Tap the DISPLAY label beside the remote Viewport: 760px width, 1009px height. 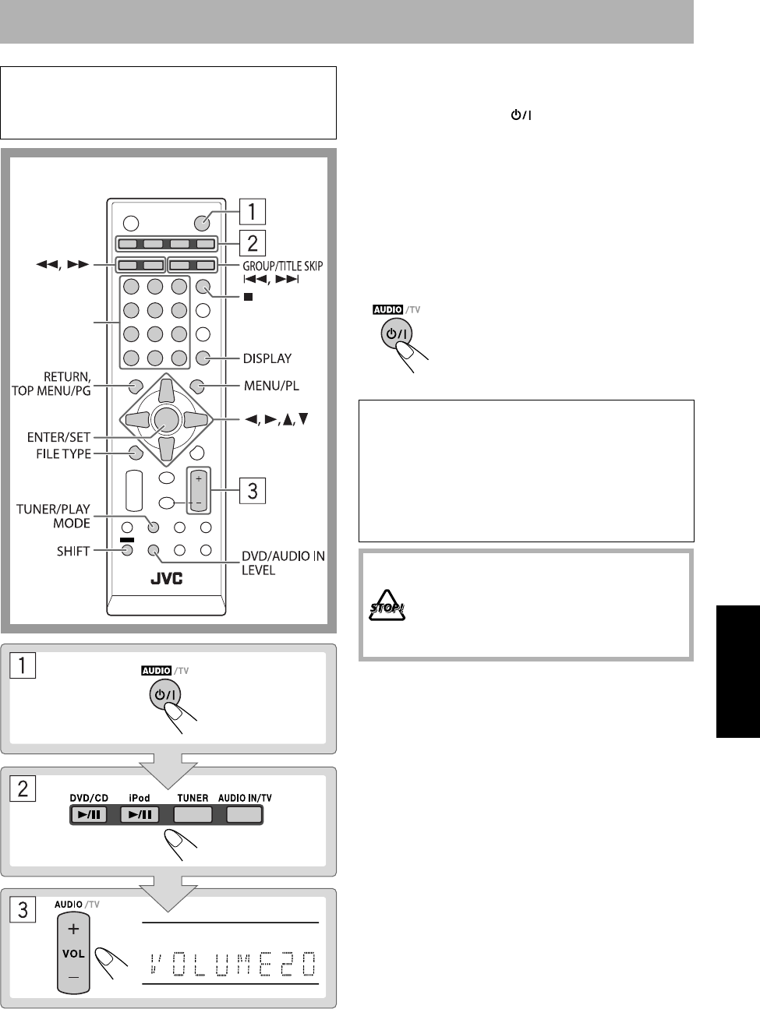tap(267, 358)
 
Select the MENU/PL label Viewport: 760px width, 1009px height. tap(270, 385)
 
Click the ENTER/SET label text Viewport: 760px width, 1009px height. tap(61, 436)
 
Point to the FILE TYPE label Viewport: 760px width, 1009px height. tap(64, 453)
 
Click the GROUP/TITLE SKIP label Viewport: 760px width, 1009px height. tap(281, 266)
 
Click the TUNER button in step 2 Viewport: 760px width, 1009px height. tap(193, 815)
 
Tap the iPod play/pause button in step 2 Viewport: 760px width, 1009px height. tap(140, 815)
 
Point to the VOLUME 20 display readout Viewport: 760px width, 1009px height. tap(231, 965)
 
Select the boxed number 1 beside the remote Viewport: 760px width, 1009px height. tap(253, 211)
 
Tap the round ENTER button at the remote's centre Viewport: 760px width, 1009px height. tap(164, 419)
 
